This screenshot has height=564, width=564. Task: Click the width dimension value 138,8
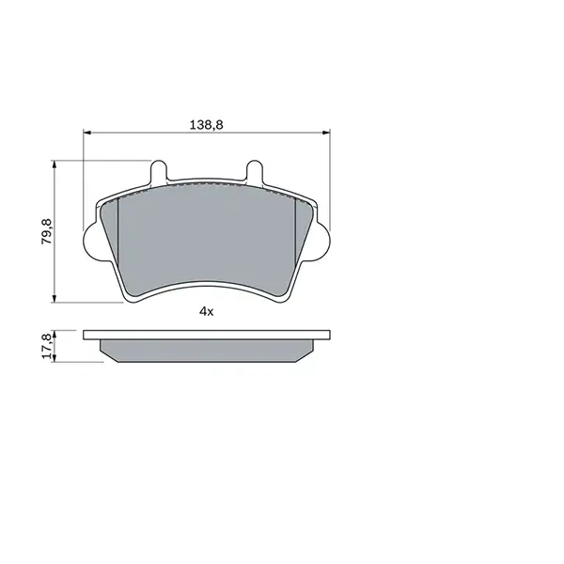coord(206,123)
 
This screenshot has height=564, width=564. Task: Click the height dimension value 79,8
coord(45,231)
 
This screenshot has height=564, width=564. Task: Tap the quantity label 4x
coord(206,311)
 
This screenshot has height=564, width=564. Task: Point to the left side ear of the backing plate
coord(92,241)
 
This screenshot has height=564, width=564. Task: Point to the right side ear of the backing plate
coord(321,241)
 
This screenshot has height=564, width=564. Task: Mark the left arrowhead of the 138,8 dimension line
coord(87,133)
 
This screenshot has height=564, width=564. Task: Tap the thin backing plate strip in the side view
coord(206,334)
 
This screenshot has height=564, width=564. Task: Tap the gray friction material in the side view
coord(206,350)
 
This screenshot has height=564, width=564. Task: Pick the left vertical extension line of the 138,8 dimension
coord(84,179)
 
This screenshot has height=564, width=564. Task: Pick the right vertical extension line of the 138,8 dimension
coord(329,179)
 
